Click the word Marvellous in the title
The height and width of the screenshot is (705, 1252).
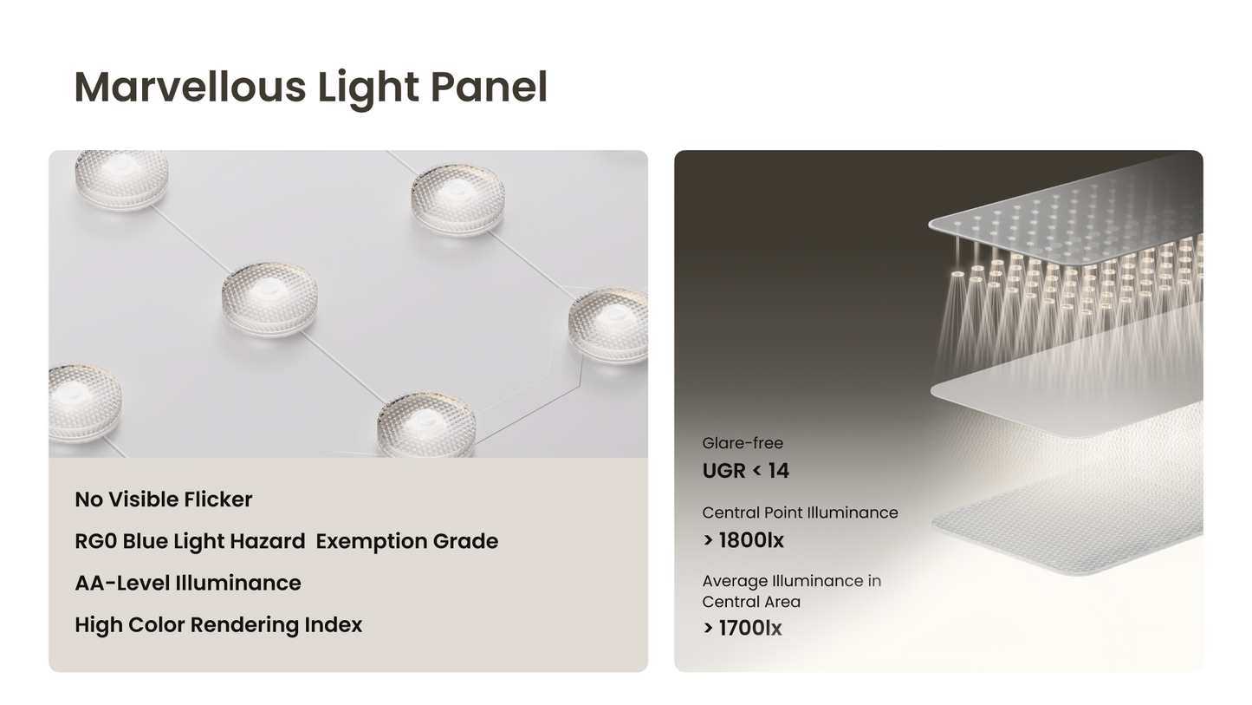[x=190, y=88]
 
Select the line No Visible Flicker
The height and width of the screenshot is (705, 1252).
[x=164, y=499]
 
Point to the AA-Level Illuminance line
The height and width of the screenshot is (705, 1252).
[x=188, y=583]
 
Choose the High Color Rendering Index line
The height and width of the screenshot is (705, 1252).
[x=218, y=624]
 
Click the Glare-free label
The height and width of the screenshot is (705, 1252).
[x=743, y=443]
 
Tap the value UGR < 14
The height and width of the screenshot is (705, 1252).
[x=746, y=471]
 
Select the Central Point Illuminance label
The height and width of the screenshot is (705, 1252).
[x=800, y=512]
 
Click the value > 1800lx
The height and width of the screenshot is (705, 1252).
[x=743, y=540]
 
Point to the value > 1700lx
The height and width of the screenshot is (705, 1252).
[x=743, y=628]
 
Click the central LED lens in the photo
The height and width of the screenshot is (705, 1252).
[x=269, y=297]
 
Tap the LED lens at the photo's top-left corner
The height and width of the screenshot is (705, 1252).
[x=120, y=178]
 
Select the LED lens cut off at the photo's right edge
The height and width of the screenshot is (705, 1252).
[x=610, y=324]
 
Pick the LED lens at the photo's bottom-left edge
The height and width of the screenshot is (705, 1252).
[x=82, y=401]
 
